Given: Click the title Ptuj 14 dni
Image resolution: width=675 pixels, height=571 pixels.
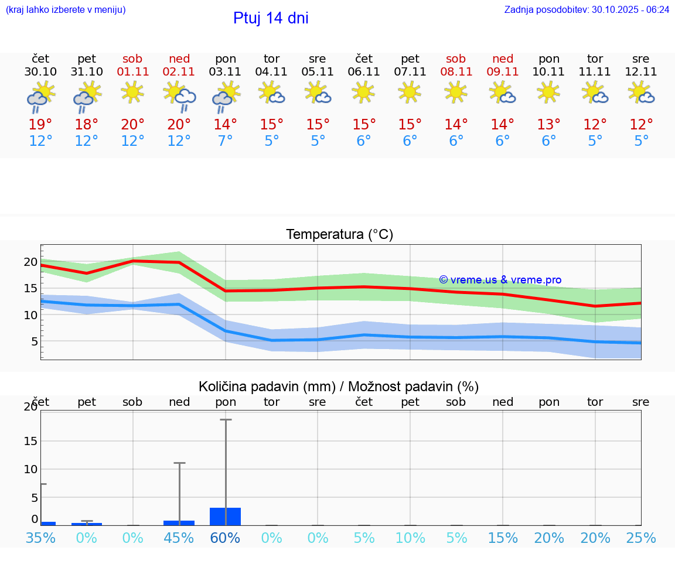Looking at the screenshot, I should [271, 18].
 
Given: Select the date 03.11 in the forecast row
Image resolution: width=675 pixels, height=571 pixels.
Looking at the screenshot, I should [225, 72].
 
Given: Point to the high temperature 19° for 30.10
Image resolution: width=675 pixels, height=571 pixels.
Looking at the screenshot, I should [40, 125].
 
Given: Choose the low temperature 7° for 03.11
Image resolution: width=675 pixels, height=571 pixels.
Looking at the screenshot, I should [225, 141].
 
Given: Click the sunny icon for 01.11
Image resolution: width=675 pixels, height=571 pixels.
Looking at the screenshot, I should [132, 92].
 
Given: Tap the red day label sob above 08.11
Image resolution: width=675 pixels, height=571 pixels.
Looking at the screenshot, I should [455, 59].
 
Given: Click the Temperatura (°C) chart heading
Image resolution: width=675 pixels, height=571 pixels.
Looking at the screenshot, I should [339, 234].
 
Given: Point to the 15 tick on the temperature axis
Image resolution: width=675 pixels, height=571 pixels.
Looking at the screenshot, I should [30, 288].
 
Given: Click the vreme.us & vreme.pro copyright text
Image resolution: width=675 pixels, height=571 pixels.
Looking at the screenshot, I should [500, 280].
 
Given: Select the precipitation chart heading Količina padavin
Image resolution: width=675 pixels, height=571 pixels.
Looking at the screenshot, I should [339, 387].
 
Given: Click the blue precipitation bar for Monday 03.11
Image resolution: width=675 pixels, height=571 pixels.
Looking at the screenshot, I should [225, 517].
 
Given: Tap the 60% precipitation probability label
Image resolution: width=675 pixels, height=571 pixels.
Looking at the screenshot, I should [225, 538].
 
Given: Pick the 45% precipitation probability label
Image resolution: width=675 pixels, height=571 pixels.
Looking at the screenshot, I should [179, 538].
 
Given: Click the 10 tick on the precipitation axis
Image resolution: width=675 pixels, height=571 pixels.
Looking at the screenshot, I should [30, 469].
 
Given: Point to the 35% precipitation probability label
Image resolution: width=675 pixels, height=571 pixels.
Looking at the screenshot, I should [40, 538].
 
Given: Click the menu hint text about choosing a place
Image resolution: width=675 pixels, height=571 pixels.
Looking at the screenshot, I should [66, 9].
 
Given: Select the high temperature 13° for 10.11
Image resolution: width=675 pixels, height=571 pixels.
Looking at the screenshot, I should [548, 125].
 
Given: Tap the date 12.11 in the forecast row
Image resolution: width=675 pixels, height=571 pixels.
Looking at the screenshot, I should [640, 72].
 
